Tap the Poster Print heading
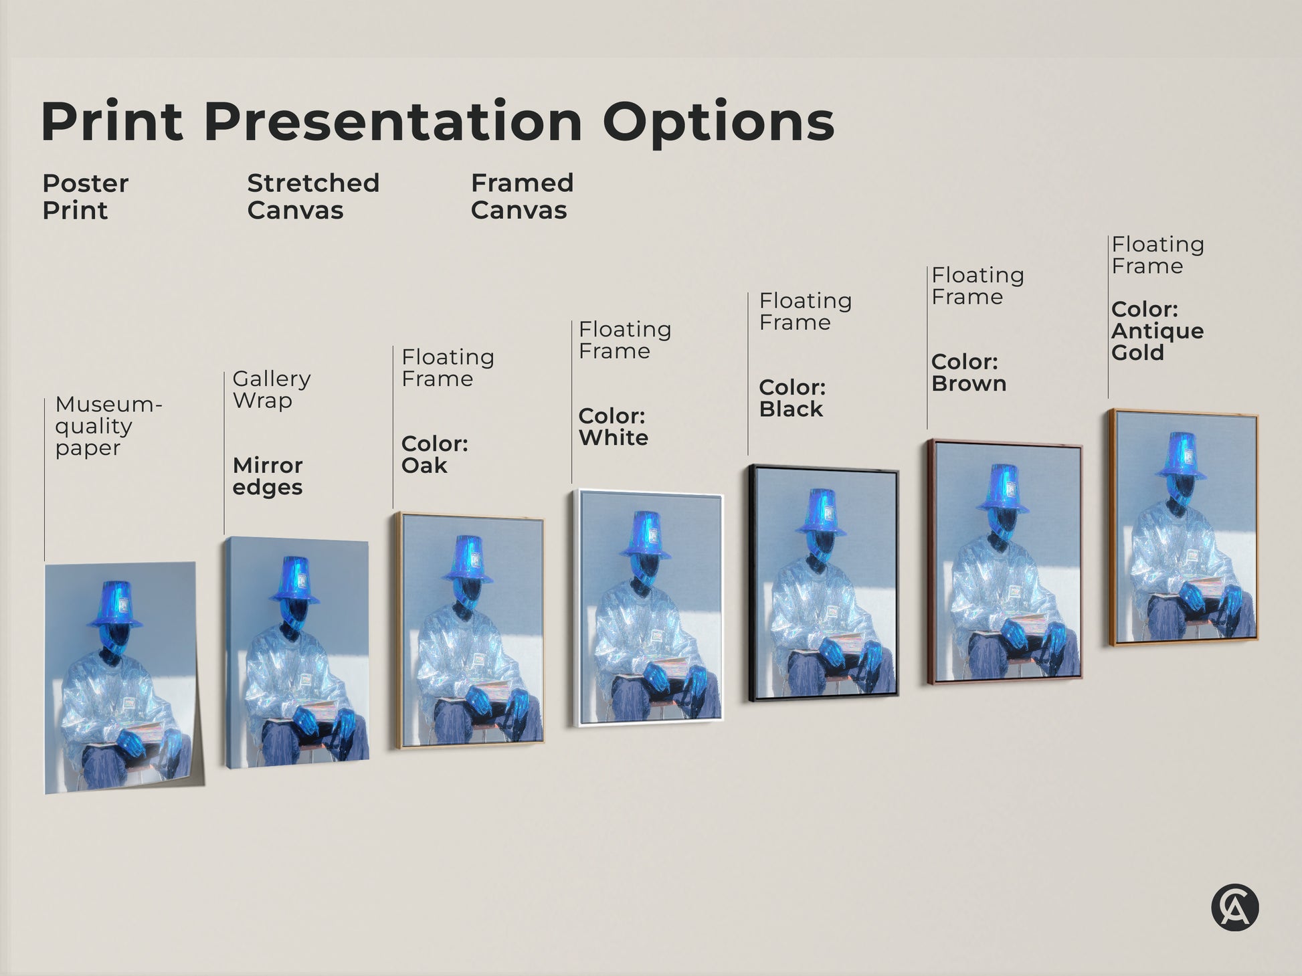85,197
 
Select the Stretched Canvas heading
313,197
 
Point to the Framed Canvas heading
522,197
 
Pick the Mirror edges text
268,476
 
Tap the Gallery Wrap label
271,389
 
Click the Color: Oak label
434,454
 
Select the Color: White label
613,426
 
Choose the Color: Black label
792,397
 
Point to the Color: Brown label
969,372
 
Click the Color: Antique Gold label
1157,330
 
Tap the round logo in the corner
1234,908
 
